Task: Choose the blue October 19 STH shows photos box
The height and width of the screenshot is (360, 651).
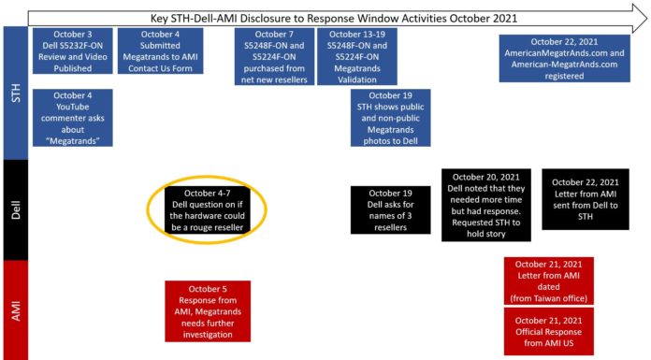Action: click(x=390, y=118)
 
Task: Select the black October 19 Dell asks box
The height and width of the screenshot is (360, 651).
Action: click(x=390, y=211)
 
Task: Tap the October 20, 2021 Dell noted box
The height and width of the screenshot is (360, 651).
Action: click(x=485, y=205)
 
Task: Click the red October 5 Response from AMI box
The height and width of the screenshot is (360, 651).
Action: click(x=208, y=310)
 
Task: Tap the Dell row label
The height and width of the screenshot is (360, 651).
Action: click(x=14, y=211)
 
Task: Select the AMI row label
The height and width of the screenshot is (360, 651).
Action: click(x=14, y=310)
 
